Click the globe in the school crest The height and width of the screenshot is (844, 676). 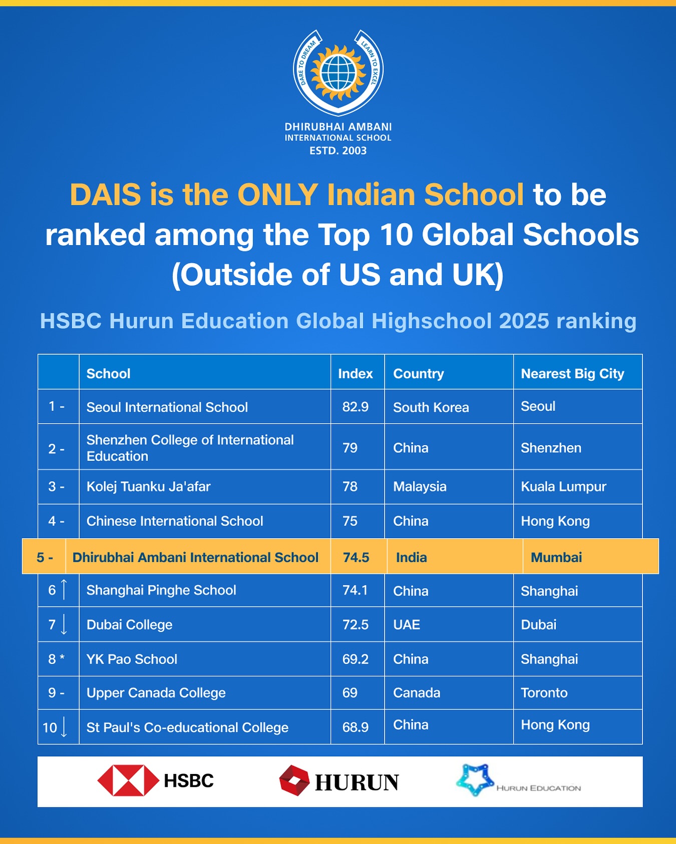click(x=338, y=72)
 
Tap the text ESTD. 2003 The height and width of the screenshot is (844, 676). click(x=338, y=151)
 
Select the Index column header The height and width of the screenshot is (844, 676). click(x=356, y=374)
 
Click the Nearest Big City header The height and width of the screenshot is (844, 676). click(x=572, y=374)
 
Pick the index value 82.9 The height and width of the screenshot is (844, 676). click(x=356, y=407)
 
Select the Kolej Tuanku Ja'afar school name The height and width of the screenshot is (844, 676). click(x=149, y=486)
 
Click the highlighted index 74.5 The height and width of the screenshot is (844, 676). click(x=356, y=557)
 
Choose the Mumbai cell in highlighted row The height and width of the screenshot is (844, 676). click(x=556, y=557)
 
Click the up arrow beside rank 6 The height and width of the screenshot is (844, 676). click(x=64, y=589)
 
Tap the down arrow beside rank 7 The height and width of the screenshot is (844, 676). click(x=64, y=624)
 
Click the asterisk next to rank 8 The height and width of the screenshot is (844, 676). click(x=63, y=657)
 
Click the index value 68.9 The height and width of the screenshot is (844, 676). click(x=356, y=727)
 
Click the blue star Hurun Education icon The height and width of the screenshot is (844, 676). click(x=475, y=779)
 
